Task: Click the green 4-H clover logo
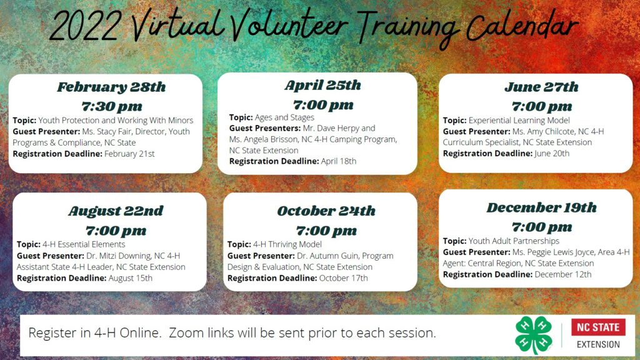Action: tap(534, 335)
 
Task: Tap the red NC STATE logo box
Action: tap(598, 327)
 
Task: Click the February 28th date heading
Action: tap(111, 87)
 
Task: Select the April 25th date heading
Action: tap(323, 85)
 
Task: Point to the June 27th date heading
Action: tap(542, 87)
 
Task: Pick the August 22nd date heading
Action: tap(116, 211)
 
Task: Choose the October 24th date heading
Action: tap(326, 211)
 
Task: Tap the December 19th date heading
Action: tap(542, 207)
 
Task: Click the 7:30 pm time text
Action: tap(112, 107)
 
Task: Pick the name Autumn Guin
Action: tap(331, 256)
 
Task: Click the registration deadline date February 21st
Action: tap(130, 154)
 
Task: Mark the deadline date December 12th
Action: tap(563, 274)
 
